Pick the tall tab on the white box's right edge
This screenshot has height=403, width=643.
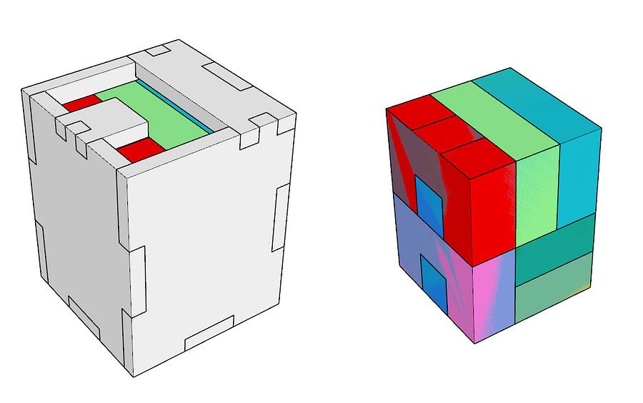click(x=280, y=218)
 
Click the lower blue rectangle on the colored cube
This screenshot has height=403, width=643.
click(x=434, y=284)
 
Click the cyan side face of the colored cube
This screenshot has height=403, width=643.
click(x=579, y=175)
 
